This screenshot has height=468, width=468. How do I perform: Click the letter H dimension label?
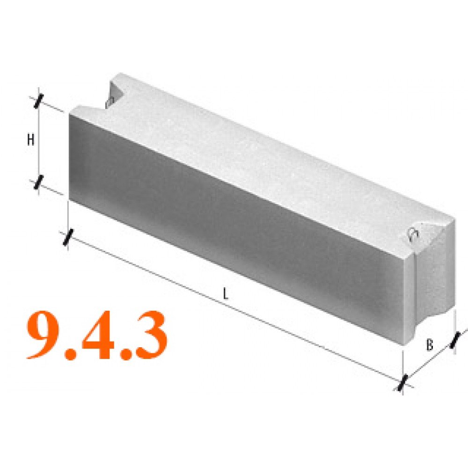(30, 139)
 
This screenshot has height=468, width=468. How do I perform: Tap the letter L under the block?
(226, 294)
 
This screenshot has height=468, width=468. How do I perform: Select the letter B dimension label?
(430, 345)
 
